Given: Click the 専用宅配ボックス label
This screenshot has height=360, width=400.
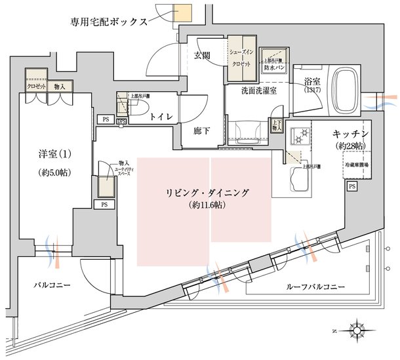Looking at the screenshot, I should pos(108,20).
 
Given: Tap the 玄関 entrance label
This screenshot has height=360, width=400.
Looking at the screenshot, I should pos(202,55).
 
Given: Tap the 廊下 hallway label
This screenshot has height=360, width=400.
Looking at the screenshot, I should pos(202,130).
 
